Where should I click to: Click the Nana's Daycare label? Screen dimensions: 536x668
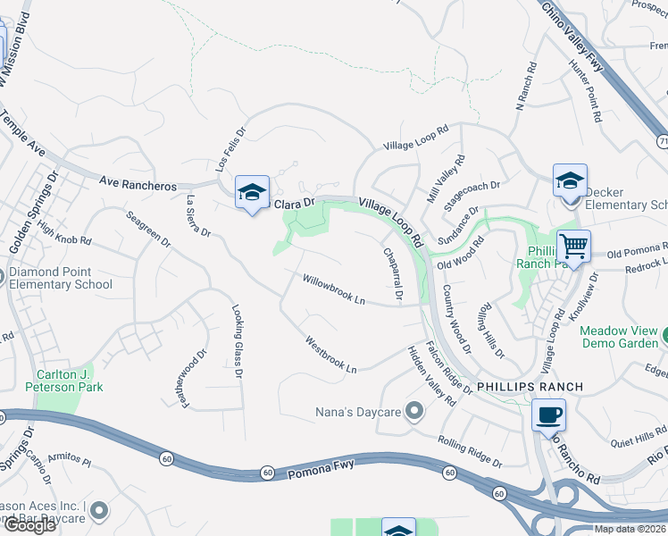pos(355,412)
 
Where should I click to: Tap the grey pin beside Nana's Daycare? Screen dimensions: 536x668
pos(413,412)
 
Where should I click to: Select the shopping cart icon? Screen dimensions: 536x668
pos(572,246)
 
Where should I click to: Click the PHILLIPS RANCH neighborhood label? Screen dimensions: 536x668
pos(530,387)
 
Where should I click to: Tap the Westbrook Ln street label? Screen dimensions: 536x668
pos(330,355)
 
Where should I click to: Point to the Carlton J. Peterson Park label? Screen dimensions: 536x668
pos(69,381)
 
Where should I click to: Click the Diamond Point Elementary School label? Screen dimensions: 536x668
pos(61,279)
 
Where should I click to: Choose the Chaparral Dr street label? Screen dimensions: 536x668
pos(394,273)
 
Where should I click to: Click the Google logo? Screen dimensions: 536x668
pos(29,525)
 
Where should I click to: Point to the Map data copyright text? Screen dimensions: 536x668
pos(629,529)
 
